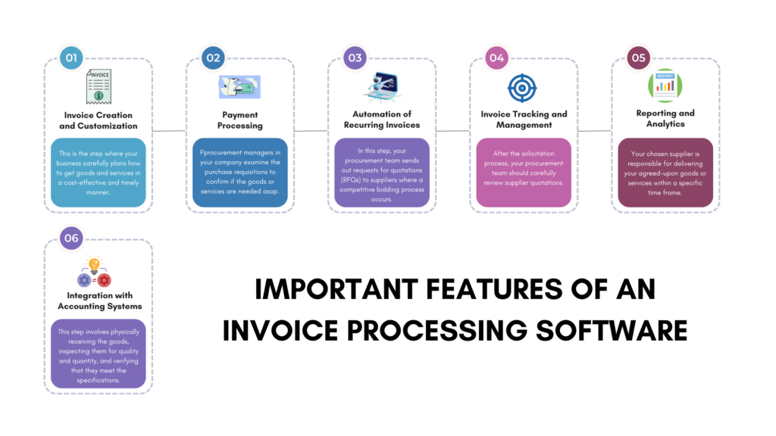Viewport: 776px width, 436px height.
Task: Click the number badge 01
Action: pyautogui.click(x=71, y=58)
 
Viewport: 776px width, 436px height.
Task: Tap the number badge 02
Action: pyautogui.click(x=213, y=58)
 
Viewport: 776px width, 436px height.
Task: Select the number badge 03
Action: pyautogui.click(x=354, y=58)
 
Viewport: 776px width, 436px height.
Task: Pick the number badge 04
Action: pyautogui.click(x=496, y=58)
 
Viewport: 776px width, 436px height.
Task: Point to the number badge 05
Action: pyautogui.click(x=638, y=58)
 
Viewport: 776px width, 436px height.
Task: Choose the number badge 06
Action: pyautogui.click(x=71, y=238)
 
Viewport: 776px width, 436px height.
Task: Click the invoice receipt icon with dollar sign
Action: pyautogui.click(x=99, y=86)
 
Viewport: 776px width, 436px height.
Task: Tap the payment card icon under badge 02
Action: pyautogui.click(x=239, y=87)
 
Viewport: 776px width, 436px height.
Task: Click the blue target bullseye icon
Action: pyautogui.click(x=522, y=87)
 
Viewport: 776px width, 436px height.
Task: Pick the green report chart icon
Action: pyautogui.click(x=665, y=86)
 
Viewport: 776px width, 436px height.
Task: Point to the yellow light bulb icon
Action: pyautogui.click(x=95, y=265)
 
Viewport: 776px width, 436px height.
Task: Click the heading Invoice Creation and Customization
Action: pyautogui.click(x=99, y=120)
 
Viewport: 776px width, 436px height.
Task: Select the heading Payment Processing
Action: pyautogui.click(x=239, y=120)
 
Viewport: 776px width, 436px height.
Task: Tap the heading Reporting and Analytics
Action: pyautogui.click(x=665, y=119)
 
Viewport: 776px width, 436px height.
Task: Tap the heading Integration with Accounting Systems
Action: pyautogui.click(x=99, y=301)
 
